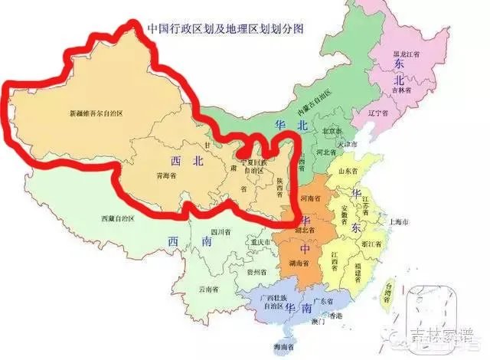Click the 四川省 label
coord(220,231)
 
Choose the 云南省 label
coord(211,290)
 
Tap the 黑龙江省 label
coord(406,55)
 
